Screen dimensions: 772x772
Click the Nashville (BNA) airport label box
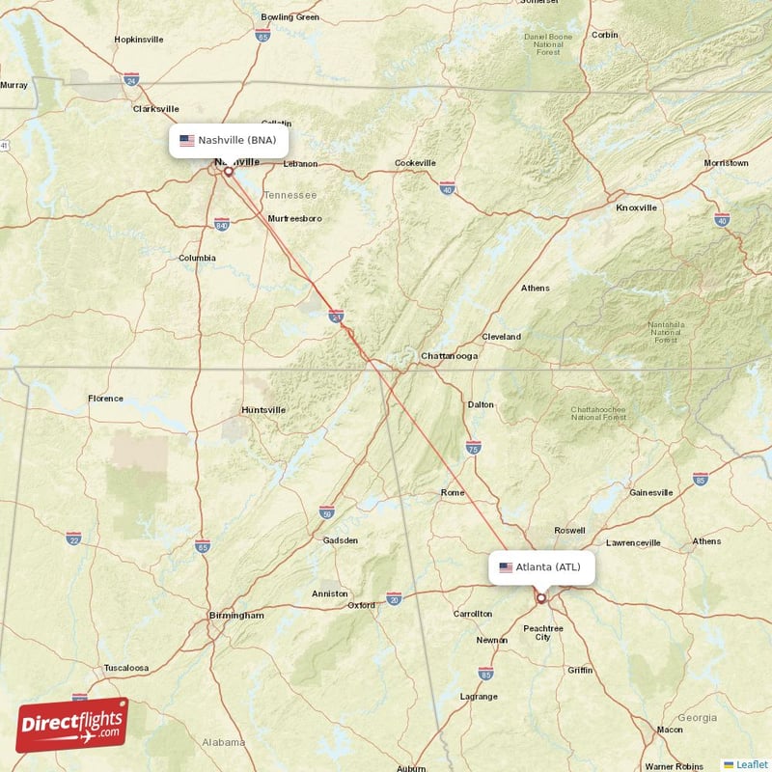pyautogui.click(x=228, y=140)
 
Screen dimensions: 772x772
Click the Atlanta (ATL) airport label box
pyautogui.click(x=540, y=566)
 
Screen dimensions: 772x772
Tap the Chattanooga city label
pyautogui.click(x=449, y=356)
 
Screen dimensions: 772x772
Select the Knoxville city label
pyautogui.click(x=636, y=207)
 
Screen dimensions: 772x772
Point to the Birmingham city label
pyautogui.click(x=236, y=615)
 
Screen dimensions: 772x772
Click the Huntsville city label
pyautogui.click(x=263, y=410)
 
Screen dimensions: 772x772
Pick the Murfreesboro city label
pyautogui.click(x=294, y=219)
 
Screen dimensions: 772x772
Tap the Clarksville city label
pyautogui.click(x=155, y=109)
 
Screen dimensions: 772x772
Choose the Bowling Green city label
pyautogui.click(x=289, y=17)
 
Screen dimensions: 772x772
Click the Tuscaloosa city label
pyautogui.click(x=125, y=668)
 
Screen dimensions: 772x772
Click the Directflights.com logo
pyautogui.click(x=72, y=725)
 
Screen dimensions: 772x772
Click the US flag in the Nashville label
pyautogui.click(x=187, y=140)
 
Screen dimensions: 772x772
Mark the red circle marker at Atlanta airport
pyautogui.click(x=541, y=598)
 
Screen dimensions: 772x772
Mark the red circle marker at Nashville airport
pyautogui.click(x=229, y=172)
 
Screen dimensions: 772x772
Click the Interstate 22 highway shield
pyautogui.click(x=73, y=537)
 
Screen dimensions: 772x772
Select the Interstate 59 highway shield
pyautogui.click(x=327, y=510)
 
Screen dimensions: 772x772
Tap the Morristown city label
pyautogui.click(x=726, y=163)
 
